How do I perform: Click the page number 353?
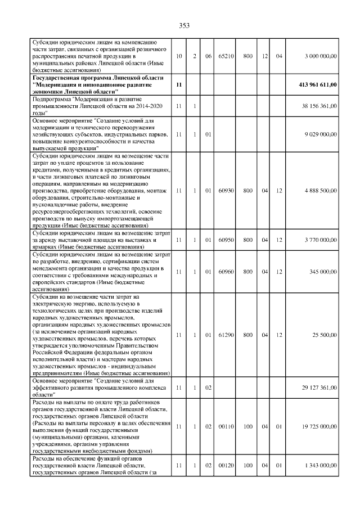(184, 25)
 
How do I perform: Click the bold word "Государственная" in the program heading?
(57, 78)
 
